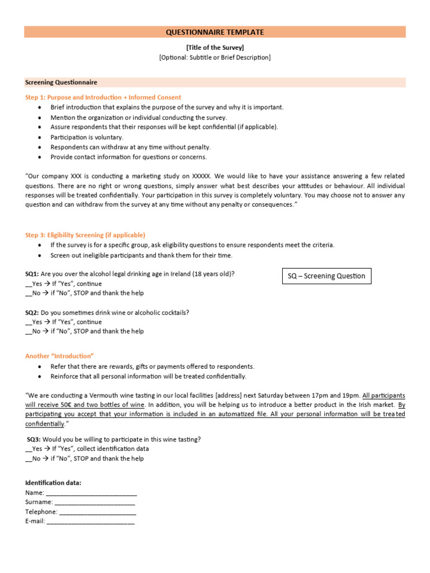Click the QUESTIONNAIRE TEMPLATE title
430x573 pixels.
pyautogui.click(x=214, y=32)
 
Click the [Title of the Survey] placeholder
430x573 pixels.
pyautogui.click(x=214, y=48)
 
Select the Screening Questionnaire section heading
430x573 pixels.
pyautogui.click(x=61, y=82)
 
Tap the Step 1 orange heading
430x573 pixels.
pyautogui.click(x=103, y=97)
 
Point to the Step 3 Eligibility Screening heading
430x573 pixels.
pyautogui.click(x=85, y=235)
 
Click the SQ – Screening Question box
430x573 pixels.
pyautogui.click(x=326, y=276)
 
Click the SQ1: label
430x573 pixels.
pyautogui.click(x=32, y=274)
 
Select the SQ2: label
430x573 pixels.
pyautogui.click(x=32, y=313)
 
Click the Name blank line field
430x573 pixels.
pyautogui.click(x=91, y=494)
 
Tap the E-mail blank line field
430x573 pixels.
pyautogui.click(x=90, y=522)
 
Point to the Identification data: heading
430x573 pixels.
pyautogui.click(x=53, y=483)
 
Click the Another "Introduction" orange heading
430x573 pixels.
pyautogui.click(x=59, y=356)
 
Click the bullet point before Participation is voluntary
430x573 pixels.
pyautogui.click(x=39, y=137)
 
